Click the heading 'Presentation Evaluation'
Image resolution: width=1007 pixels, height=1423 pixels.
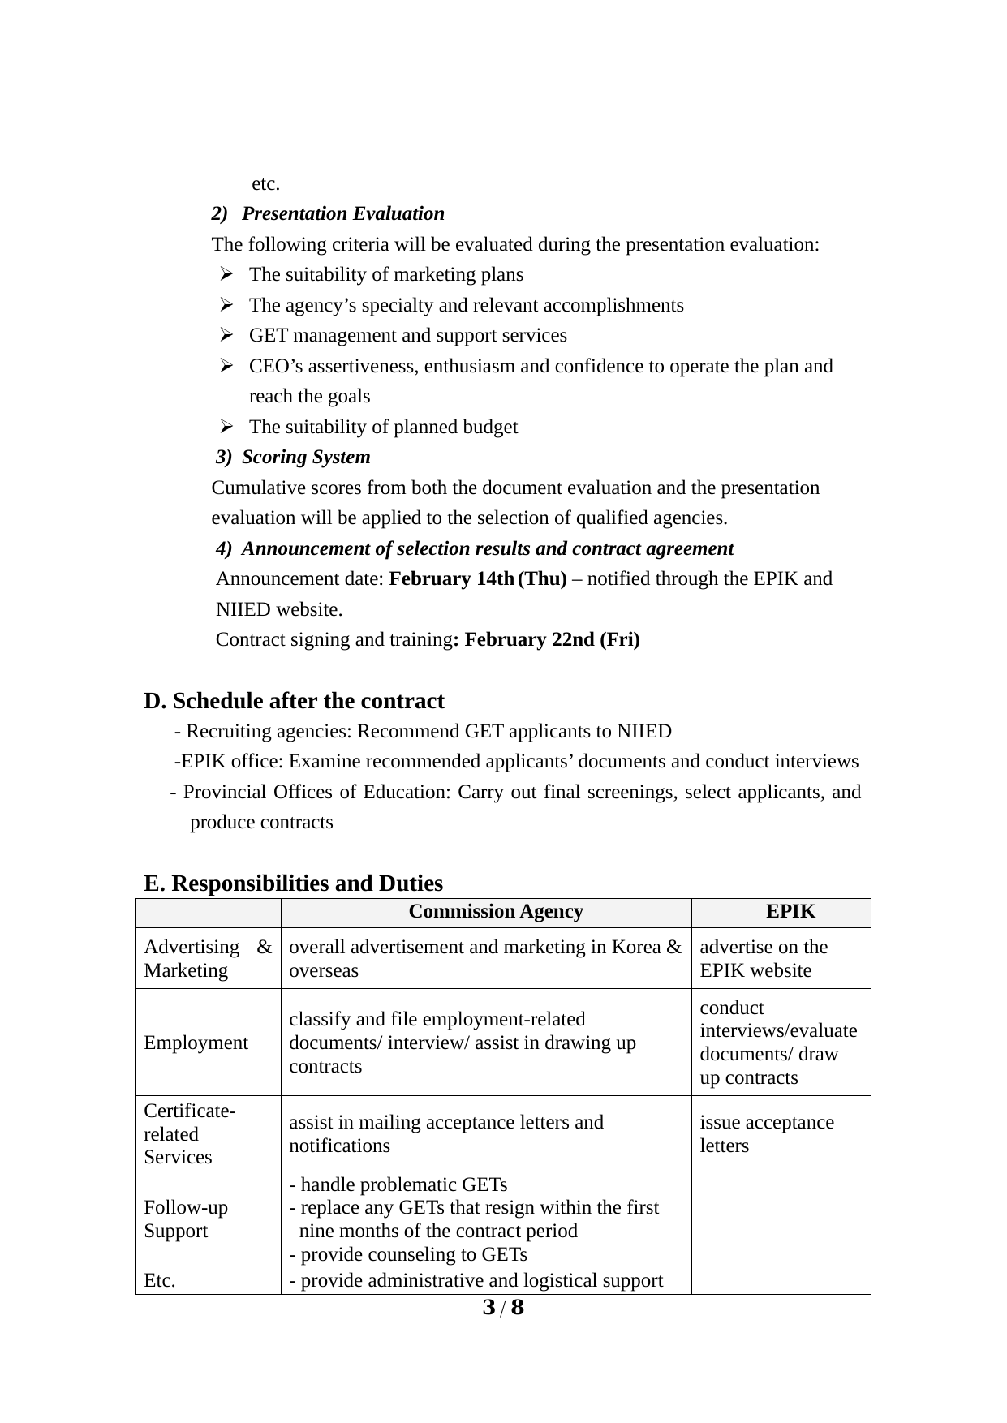click(x=342, y=213)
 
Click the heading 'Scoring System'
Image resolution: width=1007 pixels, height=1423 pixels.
click(x=306, y=457)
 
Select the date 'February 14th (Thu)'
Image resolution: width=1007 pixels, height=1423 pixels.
click(x=478, y=578)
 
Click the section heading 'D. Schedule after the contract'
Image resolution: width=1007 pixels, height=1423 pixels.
click(x=294, y=700)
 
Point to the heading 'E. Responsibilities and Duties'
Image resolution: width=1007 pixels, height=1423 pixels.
click(x=293, y=883)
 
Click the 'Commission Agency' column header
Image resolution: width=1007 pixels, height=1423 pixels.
click(x=495, y=911)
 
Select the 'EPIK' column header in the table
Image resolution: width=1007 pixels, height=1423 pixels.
click(x=790, y=911)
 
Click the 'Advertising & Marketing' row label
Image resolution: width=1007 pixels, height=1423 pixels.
click(x=208, y=958)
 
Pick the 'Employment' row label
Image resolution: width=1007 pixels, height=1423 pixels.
click(x=196, y=1043)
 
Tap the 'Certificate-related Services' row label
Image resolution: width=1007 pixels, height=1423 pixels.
click(x=190, y=1133)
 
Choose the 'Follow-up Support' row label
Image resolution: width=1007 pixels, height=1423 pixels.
click(x=186, y=1219)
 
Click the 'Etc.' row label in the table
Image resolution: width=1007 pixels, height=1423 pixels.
click(x=160, y=1280)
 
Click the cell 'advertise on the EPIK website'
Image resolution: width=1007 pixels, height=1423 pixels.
click(x=764, y=958)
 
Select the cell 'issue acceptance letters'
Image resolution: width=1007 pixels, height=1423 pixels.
click(x=766, y=1133)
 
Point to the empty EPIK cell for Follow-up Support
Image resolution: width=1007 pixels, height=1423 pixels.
click(x=781, y=1219)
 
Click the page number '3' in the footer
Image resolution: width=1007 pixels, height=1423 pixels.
click(x=488, y=1307)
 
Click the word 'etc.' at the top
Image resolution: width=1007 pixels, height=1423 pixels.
click(x=265, y=183)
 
